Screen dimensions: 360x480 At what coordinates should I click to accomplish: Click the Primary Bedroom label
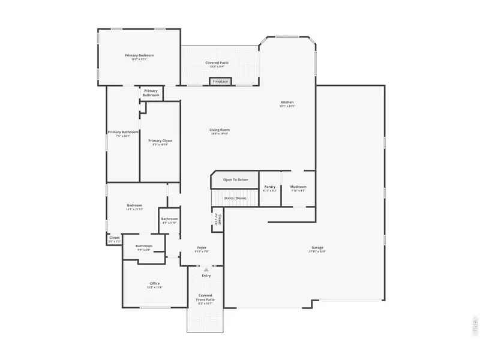[139, 56]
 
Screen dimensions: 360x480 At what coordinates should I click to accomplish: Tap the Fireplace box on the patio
[220, 81]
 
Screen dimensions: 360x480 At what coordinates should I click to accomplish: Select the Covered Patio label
[217, 63]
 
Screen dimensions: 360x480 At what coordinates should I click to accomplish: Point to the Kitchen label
[287, 103]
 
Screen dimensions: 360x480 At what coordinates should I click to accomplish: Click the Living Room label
[220, 130]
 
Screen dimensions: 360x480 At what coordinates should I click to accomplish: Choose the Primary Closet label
[160, 141]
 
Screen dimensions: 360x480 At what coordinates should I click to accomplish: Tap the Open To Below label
[235, 179]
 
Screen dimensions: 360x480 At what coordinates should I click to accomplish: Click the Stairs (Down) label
[235, 197]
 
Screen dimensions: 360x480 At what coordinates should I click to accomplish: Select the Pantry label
[270, 187]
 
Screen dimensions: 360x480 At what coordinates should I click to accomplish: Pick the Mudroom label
[298, 187]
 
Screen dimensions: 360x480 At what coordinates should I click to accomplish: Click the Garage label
[317, 247]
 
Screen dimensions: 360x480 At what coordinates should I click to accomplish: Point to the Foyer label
[202, 248]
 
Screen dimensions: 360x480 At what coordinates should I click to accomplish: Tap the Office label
[154, 284]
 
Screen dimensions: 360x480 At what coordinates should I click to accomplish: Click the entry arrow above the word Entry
[206, 270]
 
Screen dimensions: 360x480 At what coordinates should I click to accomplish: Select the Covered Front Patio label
[206, 297]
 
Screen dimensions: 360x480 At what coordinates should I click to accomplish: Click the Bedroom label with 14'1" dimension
[134, 206]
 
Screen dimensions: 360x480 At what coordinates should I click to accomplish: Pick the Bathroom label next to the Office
[144, 246]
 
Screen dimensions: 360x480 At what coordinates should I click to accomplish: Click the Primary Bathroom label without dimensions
[151, 93]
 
